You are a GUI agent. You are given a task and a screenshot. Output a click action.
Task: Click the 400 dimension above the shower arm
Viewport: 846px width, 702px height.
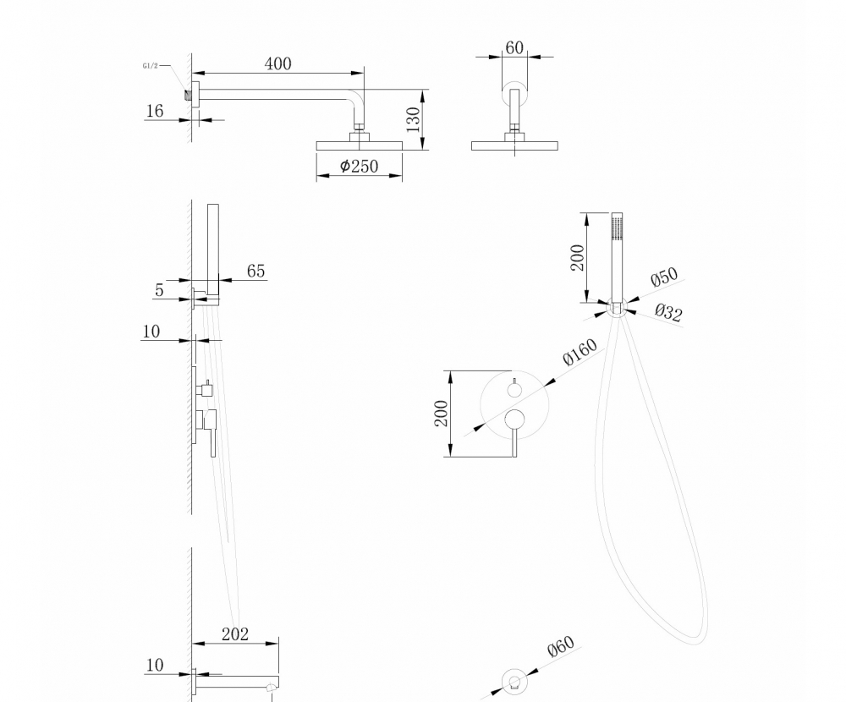[x=277, y=64]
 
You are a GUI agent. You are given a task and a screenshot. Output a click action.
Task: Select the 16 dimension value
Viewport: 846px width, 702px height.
[x=155, y=111]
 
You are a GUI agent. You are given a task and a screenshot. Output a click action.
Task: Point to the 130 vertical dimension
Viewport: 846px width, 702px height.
[x=413, y=118]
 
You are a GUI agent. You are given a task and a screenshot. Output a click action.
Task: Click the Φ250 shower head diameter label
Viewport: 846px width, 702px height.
[x=359, y=167]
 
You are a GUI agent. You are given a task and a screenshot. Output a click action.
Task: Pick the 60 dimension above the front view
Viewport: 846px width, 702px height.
[x=514, y=47]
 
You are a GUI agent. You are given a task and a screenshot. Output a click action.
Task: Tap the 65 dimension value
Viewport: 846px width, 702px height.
[x=255, y=271]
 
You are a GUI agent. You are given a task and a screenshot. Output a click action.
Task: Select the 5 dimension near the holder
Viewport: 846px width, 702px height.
[x=159, y=290]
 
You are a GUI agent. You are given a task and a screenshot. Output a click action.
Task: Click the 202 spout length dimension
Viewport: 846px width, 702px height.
[x=234, y=633]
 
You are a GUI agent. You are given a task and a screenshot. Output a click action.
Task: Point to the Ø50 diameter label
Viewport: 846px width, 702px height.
[x=664, y=278]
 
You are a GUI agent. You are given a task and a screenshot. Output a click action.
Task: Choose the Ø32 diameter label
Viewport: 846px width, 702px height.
[x=668, y=314]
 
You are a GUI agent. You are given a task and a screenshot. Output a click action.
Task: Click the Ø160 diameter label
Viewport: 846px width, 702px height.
[x=580, y=352]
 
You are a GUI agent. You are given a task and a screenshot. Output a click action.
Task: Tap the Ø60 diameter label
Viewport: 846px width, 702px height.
[x=560, y=649]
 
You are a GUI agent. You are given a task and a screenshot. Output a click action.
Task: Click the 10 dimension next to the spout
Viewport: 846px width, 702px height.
[x=154, y=666]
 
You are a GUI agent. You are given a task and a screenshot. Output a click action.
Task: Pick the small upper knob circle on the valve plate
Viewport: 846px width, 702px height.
[x=514, y=390]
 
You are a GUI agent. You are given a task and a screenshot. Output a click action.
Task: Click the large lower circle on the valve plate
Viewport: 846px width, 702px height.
[x=514, y=419]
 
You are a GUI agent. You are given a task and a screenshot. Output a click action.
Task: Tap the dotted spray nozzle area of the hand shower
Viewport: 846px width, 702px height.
[x=617, y=228]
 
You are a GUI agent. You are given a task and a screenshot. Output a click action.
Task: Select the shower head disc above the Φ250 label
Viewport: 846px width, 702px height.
[x=359, y=145]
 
